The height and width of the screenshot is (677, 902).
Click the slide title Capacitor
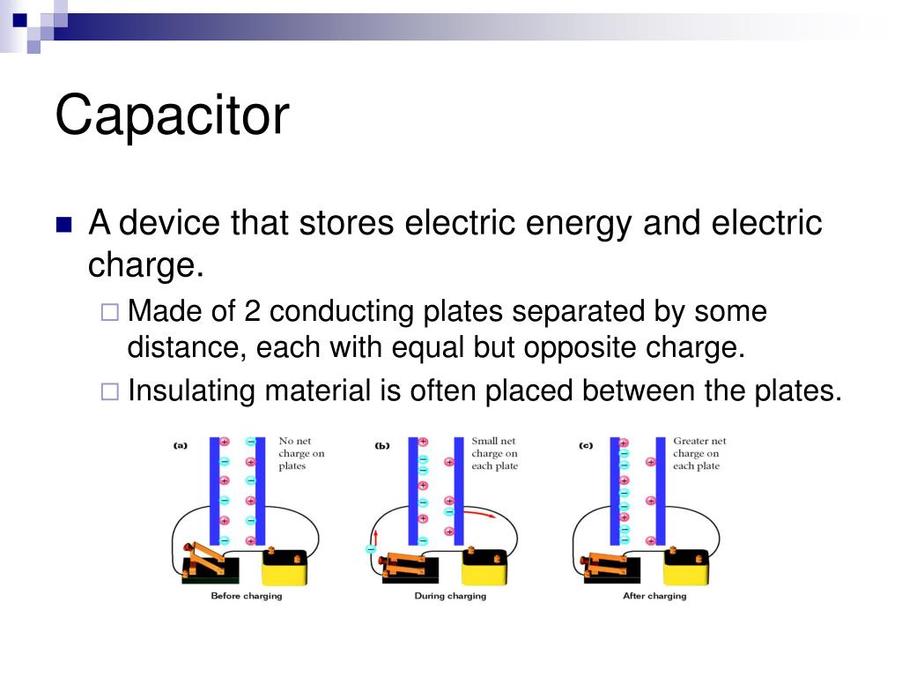tap(172, 115)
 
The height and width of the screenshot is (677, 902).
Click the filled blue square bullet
tap(63, 225)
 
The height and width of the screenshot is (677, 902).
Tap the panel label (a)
tap(180, 446)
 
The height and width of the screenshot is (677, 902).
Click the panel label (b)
tap(381, 446)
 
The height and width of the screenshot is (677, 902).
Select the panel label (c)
tap(586, 446)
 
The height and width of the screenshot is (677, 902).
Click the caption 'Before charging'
tap(246, 597)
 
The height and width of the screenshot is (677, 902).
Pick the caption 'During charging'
tap(449, 597)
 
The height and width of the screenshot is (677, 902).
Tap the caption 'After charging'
tap(654, 597)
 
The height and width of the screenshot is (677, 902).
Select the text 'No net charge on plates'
tap(301, 453)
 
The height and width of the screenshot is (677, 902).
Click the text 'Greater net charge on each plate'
tap(699, 453)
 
